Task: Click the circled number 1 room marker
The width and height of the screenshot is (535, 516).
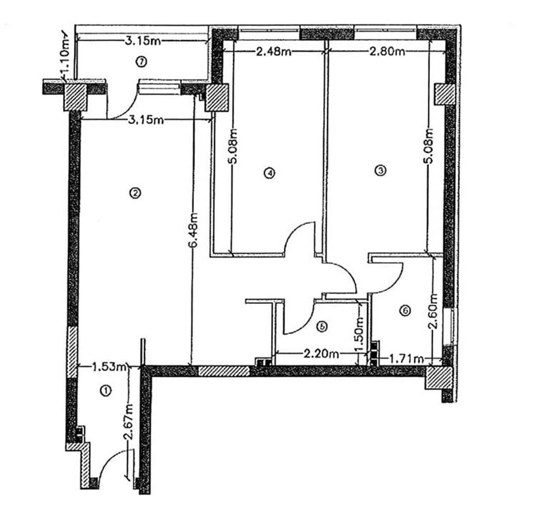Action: pos(106,391)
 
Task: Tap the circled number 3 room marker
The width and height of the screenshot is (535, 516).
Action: pos(380,170)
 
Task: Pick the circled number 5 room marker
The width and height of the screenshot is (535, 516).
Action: pos(321,327)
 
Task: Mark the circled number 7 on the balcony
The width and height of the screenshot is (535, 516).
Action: pos(141,62)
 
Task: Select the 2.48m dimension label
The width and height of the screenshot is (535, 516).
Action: pos(273,52)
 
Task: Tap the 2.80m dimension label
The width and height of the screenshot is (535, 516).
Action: pos(387,52)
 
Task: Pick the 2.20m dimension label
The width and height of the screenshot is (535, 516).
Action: pos(321,354)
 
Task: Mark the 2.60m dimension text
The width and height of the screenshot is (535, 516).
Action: pos(433,311)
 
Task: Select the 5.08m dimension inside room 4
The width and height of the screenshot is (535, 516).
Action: pos(233,146)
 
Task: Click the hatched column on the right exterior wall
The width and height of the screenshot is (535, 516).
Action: pos(445,94)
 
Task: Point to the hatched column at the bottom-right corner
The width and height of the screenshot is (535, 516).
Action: pos(438,378)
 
